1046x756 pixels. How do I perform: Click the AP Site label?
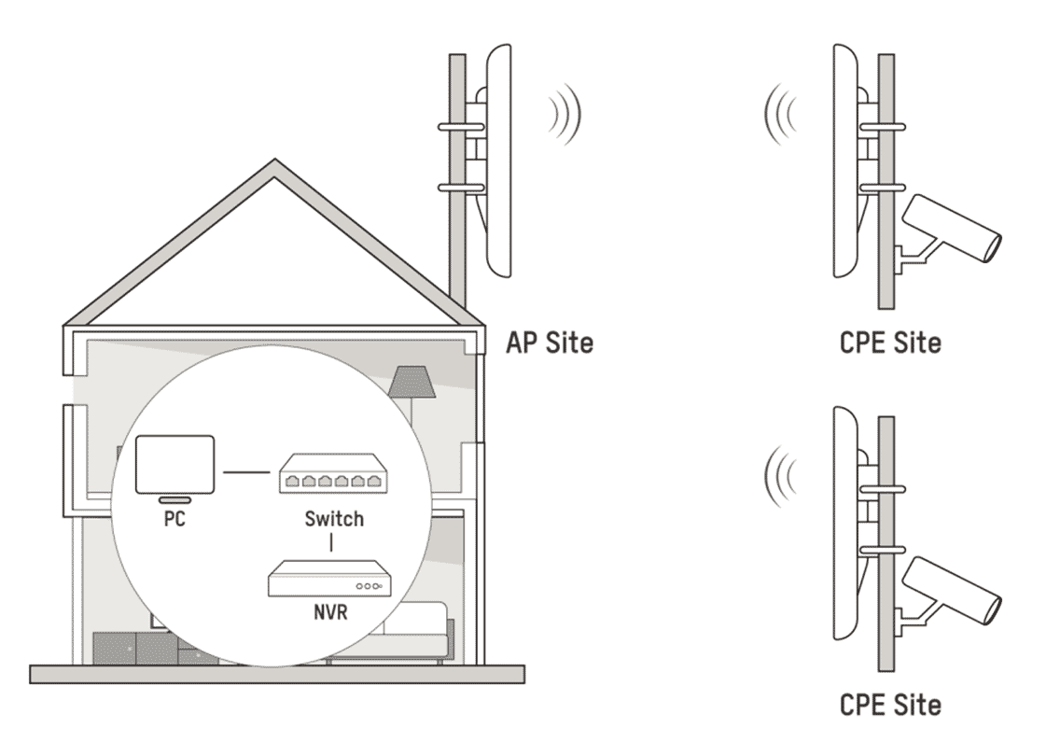click(x=549, y=343)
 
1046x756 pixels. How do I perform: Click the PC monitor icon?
click(x=176, y=465)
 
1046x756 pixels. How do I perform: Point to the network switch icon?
click(x=333, y=479)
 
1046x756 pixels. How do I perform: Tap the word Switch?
click(x=333, y=519)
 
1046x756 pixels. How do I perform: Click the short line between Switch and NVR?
click(x=333, y=541)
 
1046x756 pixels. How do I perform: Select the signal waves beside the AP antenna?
click(x=565, y=114)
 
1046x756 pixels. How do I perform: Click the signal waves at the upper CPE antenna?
click(x=778, y=114)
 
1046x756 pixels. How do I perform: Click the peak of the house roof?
click(x=274, y=165)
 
